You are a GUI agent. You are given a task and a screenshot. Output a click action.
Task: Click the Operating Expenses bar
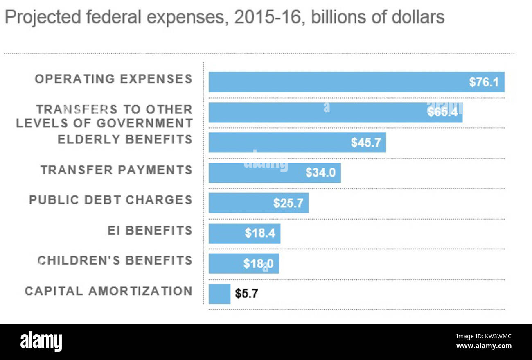(356, 82)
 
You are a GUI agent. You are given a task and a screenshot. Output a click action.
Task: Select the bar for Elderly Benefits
(297, 143)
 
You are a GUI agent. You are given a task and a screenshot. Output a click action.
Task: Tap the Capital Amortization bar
(219, 294)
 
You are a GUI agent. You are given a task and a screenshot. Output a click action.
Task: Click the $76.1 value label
(484, 82)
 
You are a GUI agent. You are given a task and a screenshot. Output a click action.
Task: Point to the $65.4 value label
(442, 112)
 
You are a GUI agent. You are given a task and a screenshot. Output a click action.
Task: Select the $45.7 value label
(366, 143)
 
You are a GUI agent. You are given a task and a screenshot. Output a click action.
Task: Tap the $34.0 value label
(320, 173)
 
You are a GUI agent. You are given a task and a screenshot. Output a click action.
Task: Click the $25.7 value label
(288, 203)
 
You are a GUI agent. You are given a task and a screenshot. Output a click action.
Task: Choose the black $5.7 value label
(246, 294)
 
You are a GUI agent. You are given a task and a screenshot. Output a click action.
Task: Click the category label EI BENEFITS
(150, 231)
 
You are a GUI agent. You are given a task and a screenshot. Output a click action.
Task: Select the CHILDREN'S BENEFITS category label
(115, 260)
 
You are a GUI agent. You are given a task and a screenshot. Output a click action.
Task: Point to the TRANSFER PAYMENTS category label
(117, 170)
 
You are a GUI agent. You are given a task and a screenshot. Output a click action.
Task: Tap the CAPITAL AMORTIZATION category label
(108, 291)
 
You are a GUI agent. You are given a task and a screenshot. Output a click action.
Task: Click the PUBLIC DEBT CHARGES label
(110, 200)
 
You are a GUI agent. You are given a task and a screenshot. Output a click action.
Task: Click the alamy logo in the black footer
(41, 342)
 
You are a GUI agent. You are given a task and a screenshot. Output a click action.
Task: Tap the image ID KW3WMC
(495, 337)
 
